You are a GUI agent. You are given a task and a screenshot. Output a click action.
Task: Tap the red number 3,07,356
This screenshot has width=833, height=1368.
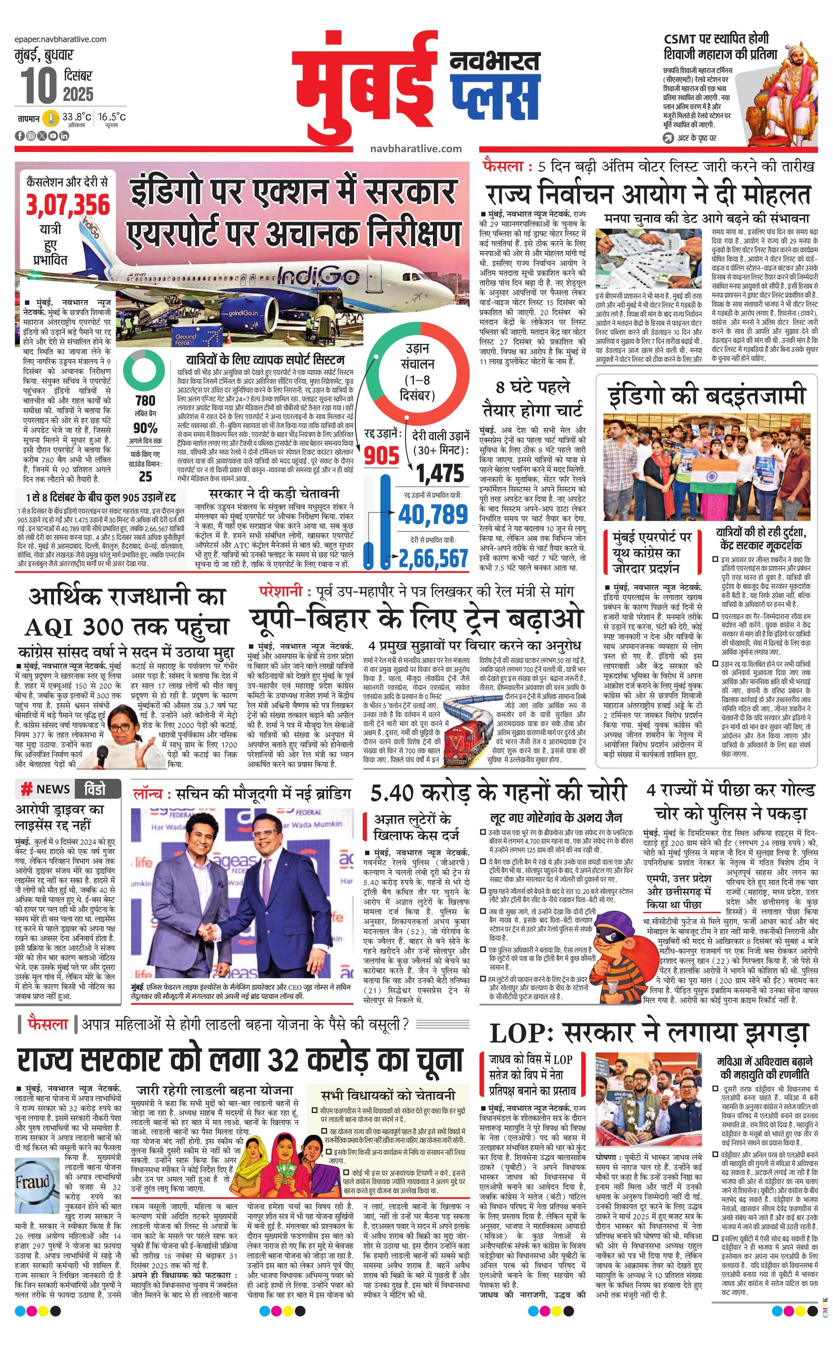[x=68, y=205]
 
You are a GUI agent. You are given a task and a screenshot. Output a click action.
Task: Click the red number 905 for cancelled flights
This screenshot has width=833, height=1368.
[x=382, y=455]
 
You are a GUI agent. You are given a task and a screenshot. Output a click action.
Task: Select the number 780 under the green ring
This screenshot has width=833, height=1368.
[x=145, y=400]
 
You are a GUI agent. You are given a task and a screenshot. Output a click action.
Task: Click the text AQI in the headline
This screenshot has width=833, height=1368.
[x=53, y=628]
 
